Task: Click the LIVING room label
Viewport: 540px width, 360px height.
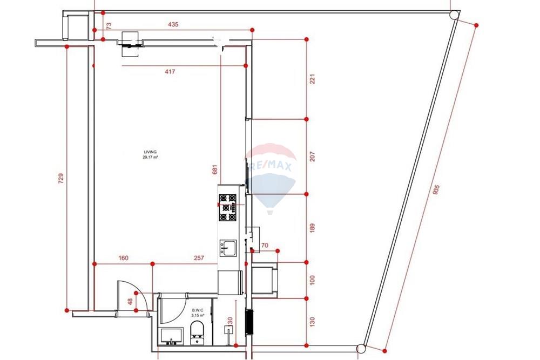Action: tap(150, 152)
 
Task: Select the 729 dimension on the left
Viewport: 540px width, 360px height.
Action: tap(61, 178)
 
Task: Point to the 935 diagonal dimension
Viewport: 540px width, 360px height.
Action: tap(436, 190)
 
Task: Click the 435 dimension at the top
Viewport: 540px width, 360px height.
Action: tap(173, 24)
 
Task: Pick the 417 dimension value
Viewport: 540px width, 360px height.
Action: tap(170, 72)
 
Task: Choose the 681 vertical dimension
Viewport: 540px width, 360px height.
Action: tap(215, 169)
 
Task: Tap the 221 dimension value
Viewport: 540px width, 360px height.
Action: tap(312, 79)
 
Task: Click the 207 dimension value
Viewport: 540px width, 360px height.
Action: tap(312, 157)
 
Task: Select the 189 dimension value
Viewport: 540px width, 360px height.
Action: tap(312, 228)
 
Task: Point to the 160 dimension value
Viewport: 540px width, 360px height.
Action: tap(123, 258)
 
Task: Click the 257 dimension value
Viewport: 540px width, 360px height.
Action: tap(199, 258)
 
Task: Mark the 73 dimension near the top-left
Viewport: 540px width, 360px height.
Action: tap(109, 25)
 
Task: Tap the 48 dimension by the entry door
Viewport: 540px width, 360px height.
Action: tap(130, 302)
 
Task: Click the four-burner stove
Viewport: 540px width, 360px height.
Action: tap(228, 208)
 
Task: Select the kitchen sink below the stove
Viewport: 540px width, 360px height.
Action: tap(228, 248)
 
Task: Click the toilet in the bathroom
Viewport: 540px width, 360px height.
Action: tap(197, 333)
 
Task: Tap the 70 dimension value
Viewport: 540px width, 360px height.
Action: tap(265, 246)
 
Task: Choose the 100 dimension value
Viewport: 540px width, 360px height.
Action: tap(312, 280)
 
